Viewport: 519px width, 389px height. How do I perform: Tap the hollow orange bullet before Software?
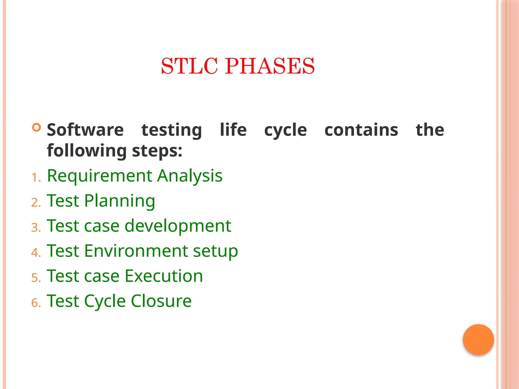pyautogui.click(x=36, y=127)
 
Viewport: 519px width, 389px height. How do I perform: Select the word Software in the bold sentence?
pyautogui.click(x=85, y=130)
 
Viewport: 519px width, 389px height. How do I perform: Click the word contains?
pyautogui.click(x=361, y=130)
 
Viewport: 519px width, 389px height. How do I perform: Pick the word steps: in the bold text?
pyautogui.click(x=157, y=151)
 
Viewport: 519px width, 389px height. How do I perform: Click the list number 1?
pyautogui.click(x=35, y=178)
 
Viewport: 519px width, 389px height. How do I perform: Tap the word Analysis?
pyautogui.click(x=190, y=176)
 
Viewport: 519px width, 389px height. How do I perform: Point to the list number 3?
pyautogui.click(x=35, y=227)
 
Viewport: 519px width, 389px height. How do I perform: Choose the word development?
pyautogui.click(x=178, y=226)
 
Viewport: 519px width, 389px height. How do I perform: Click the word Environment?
pyautogui.click(x=136, y=251)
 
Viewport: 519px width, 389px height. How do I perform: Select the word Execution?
pyautogui.click(x=164, y=276)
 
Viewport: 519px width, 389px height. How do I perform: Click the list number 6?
pyautogui.click(x=35, y=303)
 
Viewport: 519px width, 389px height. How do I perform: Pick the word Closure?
pyautogui.click(x=161, y=301)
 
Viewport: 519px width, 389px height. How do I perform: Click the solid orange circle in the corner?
pyautogui.click(x=478, y=339)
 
